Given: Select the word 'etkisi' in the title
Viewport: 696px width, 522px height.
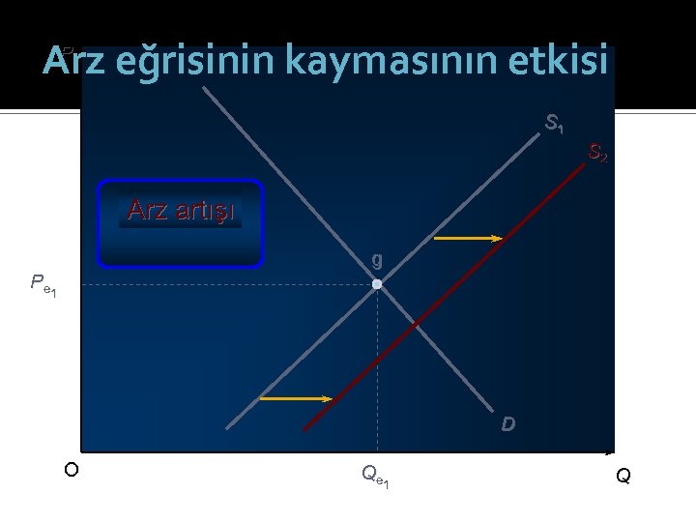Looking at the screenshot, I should pyautogui.click(x=564, y=62).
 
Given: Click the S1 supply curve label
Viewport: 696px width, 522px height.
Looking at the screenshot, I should pyautogui.click(x=555, y=124).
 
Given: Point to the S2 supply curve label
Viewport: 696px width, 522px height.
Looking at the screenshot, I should pyautogui.click(x=598, y=153).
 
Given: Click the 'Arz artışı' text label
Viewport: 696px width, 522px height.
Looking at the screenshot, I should pyautogui.click(x=181, y=210).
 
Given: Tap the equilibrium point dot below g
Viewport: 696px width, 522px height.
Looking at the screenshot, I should pyautogui.click(x=377, y=284).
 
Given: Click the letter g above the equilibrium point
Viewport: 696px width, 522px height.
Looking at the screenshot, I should pyautogui.click(x=376, y=260).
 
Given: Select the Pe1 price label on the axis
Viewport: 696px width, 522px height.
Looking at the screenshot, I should pyautogui.click(x=43, y=284).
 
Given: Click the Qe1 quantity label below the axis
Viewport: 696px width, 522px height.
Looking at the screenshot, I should pyautogui.click(x=375, y=475).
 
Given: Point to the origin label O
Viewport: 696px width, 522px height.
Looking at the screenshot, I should pyautogui.click(x=71, y=470).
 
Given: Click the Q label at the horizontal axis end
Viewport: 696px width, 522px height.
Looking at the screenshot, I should pyautogui.click(x=623, y=476).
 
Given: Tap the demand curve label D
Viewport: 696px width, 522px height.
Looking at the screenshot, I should pyautogui.click(x=507, y=424).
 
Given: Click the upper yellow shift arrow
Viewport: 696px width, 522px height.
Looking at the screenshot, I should pyautogui.click(x=468, y=238).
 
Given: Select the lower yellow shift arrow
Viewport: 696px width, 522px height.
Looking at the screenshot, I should pyautogui.click(x=296, y=398).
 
